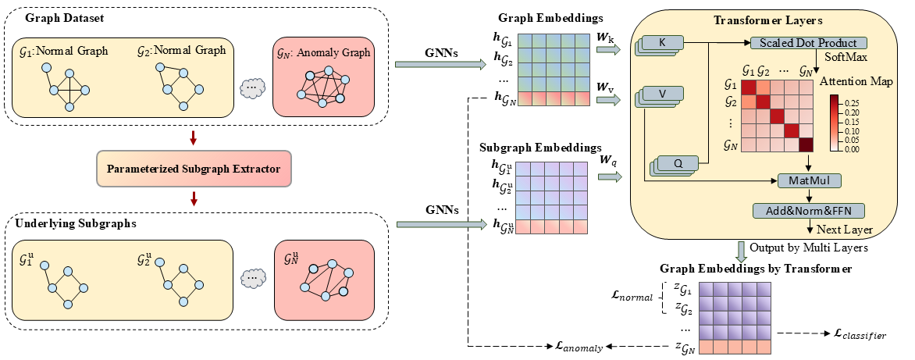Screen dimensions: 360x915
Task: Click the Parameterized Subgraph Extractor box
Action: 194,168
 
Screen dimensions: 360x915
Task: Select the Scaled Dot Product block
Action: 810,42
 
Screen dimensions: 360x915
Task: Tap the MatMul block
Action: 809,180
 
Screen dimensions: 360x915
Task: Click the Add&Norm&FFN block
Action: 810,210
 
